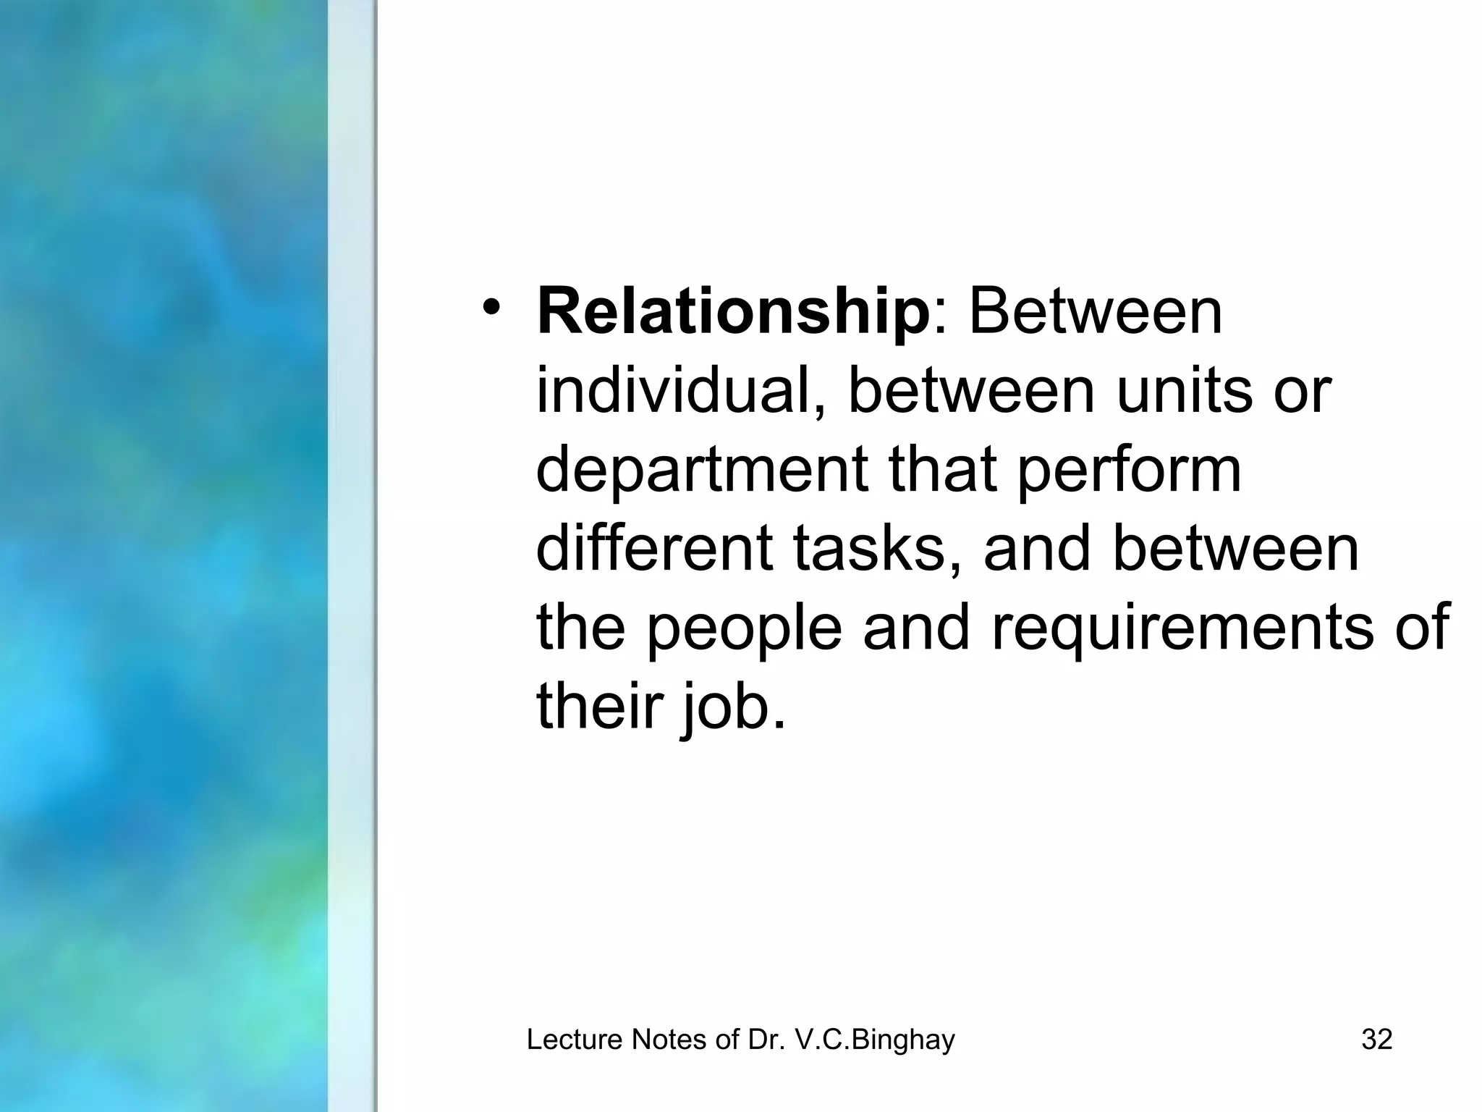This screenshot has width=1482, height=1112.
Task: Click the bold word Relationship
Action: pyautogui.click(x=733, y=313)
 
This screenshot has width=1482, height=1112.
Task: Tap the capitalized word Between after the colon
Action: pyautogui.click(x=1095, y=313)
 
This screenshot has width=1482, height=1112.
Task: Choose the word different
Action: pyautogui.click(x=653, y=549)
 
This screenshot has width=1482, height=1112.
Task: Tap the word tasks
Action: pyautogui.click(x=877, y=549)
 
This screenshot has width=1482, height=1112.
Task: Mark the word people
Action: pyautogui.click(x=744, y=628)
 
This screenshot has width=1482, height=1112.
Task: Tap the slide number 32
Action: pyautogui.click(x=1376, y=1040)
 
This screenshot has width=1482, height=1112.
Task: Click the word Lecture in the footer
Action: pyautogui.click(x=575, y=1040)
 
